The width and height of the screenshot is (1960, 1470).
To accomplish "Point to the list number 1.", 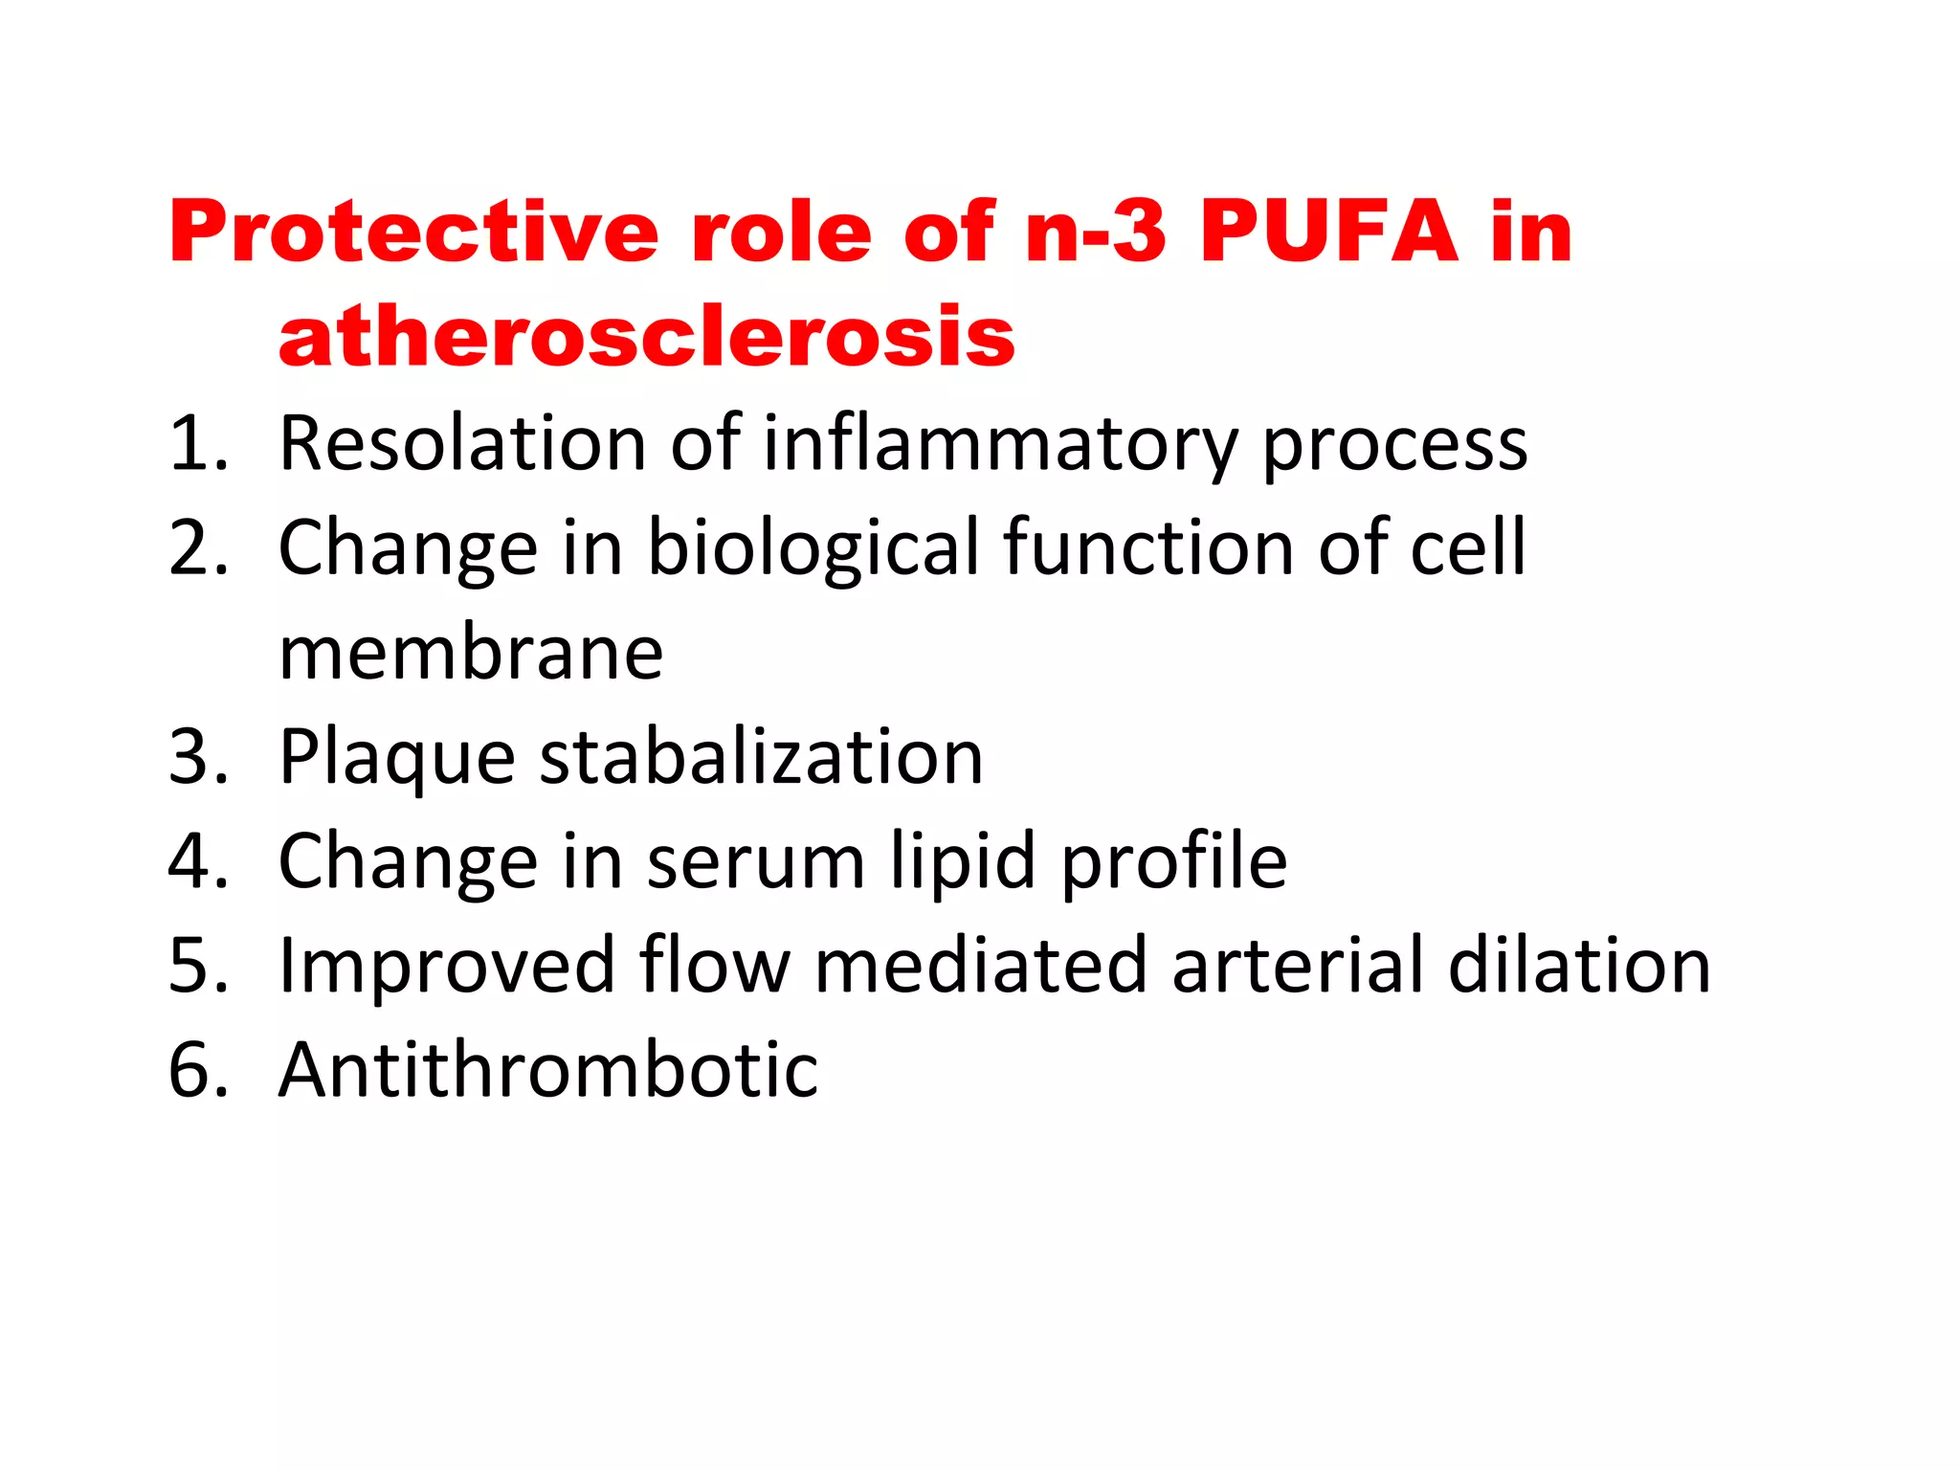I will (196, 443).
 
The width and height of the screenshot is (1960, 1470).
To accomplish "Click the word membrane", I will (471, 653).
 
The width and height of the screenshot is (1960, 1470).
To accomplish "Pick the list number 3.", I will (196, 757).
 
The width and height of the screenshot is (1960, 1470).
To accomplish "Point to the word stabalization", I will (762, 757).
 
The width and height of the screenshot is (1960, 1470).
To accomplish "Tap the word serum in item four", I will (756, 862).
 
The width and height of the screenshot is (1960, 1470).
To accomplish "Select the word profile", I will (1175, 862).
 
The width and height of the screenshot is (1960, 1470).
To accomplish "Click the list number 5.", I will (196, 966).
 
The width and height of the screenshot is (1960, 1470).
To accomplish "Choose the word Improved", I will (447, 968).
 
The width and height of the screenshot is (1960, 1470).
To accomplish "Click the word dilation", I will (1579, 966).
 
